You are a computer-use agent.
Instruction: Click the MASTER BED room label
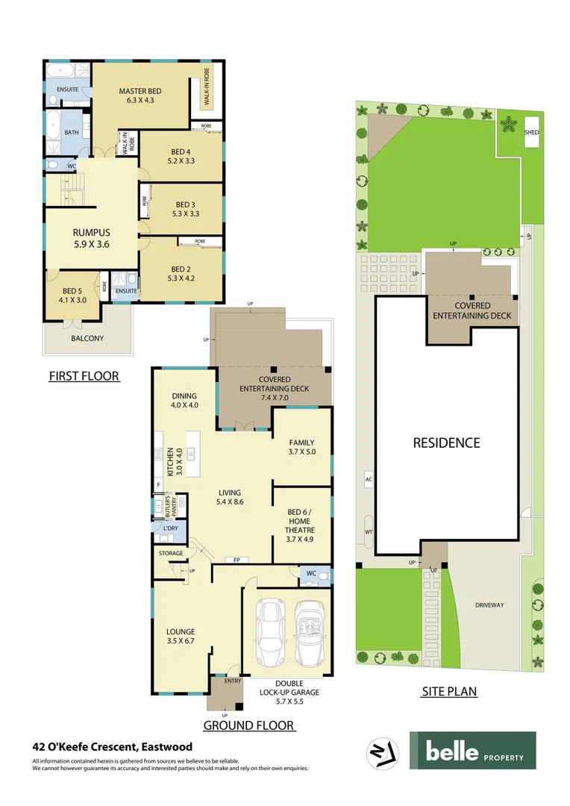(x=140, y=96)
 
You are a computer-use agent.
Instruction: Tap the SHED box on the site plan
(x=531, y=132)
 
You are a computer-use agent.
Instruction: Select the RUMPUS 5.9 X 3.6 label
(x=92, y=237)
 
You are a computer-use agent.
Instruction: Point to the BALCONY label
(x=87, y=338)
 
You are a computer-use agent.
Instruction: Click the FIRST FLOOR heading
(x=84, y=375)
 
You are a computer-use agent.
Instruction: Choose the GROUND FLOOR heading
(x=248, y=725)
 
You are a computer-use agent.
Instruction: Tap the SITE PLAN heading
(x=449, y=691)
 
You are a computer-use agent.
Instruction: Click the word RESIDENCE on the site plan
(x=446, y=443)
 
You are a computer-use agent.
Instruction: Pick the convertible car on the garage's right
(x=308, y=634)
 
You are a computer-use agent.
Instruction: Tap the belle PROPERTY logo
(x=472, y=750)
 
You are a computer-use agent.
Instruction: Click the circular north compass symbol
(x=382, y=752)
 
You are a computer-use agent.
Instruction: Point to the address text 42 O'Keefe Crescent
(x=112, y=746)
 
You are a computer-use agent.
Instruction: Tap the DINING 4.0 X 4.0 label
(x=184, y=401)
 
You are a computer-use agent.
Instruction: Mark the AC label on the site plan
(x=368, y=478)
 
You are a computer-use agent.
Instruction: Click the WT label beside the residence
(x=368, y=531)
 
